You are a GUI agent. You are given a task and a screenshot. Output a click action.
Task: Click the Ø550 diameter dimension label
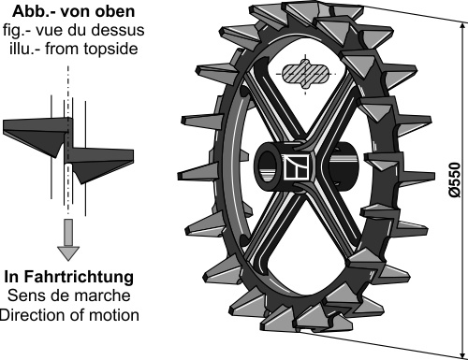click(455, 180)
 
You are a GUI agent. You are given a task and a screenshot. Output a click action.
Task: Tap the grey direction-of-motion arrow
click(68, 239)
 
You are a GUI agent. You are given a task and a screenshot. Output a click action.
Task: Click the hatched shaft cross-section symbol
click(306, 75)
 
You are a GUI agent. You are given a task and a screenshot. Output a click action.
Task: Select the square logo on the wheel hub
click(296, 167)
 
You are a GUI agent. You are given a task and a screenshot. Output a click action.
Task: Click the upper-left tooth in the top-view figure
click(36, 136)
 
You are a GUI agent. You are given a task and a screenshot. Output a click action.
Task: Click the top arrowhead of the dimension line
click(462, 27)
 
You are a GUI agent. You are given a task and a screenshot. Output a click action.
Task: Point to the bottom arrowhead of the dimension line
click(462, 353)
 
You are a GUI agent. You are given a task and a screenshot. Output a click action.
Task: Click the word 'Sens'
click(22, 295)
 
